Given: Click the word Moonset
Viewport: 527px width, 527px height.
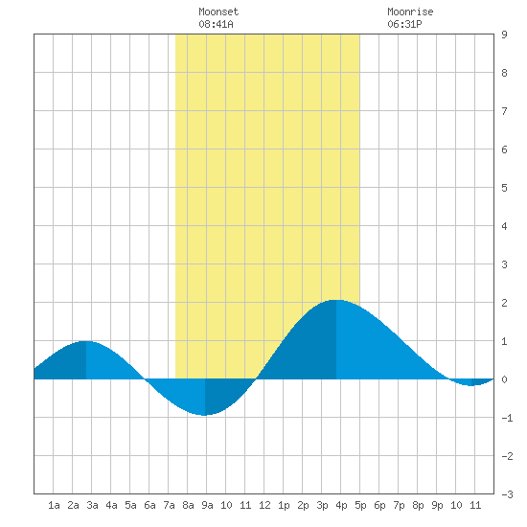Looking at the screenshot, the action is click(218, 11).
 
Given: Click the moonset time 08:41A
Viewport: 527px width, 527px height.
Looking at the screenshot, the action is click(216, 24).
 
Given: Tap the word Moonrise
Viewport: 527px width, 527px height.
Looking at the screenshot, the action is click(410, 11).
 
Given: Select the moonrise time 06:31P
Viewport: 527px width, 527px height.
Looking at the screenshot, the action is click(404, 24).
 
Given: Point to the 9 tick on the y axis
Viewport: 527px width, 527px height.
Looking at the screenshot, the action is click(504, 34).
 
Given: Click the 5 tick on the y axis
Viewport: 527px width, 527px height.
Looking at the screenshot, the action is click(504, 188).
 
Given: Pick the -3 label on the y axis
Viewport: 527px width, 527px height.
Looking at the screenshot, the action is click(507, 494).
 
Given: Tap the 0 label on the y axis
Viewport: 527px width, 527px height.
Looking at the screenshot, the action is click(504, 379).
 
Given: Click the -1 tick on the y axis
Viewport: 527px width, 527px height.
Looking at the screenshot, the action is click(507, 418).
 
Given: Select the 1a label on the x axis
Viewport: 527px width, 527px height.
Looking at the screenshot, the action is click(54, 505).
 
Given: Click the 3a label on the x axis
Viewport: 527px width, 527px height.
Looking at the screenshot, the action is click(92, 505).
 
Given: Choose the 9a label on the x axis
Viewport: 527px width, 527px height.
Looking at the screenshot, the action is click(207, 505).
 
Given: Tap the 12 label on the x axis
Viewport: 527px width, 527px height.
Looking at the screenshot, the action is click(264, 505).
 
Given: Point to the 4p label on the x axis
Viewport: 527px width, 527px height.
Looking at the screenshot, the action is click(341, 505).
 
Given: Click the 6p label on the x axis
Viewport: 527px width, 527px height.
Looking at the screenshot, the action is click(379, 505).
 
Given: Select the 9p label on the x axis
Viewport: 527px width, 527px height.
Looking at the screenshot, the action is click(437, 505).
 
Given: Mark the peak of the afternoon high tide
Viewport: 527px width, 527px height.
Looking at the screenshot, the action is click(336, 300).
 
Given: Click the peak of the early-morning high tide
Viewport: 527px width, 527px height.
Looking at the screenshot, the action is click(86, 341).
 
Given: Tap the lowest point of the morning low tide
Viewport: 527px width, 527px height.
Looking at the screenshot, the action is click(205, 416).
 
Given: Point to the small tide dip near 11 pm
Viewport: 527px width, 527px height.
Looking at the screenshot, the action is click(471, 385).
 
